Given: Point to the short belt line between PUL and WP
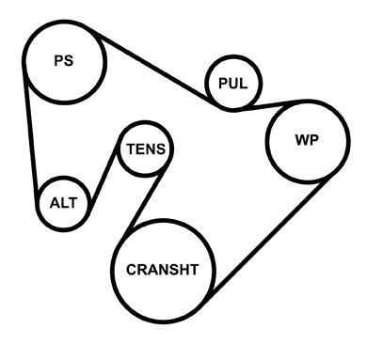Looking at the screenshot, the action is tap(270, 104).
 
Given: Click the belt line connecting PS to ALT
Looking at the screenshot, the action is tap(31, 134).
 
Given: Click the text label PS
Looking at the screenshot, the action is tap(64, 60).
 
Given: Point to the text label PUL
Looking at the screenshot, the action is tap(233, 84).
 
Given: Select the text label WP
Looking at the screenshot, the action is tap(307, 140).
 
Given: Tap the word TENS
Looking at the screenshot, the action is tap(146, 149).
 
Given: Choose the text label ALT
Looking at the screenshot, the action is tap(63, 203).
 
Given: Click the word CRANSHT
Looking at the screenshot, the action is tap(163, 270).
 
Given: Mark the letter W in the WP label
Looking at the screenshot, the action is tap(302, 140).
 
